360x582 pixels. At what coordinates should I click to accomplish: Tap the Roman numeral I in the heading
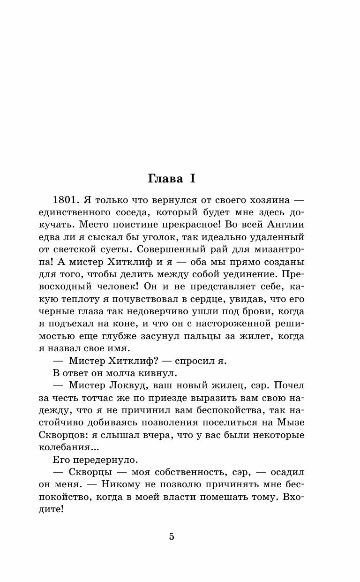click(x=192, y=179)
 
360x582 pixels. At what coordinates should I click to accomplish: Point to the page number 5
click(x=172, y=537)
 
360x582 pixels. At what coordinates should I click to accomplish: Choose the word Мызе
click(x=292, y=422)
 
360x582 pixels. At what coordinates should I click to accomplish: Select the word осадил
click(x=286, y=472)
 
